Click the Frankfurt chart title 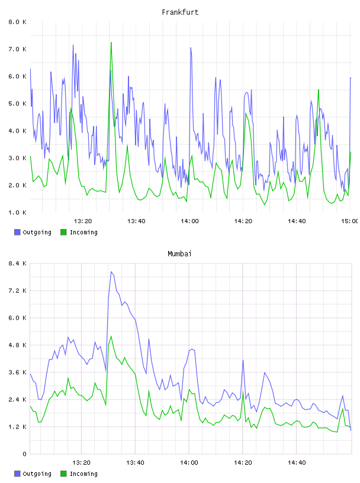[180, 12]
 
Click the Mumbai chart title [179, 254]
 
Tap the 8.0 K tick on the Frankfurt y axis [17, 22]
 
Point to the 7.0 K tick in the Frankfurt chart [17, 49]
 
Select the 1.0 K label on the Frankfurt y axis [17, 212]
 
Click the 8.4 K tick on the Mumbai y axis [17, 263]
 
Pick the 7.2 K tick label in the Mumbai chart [17, 291]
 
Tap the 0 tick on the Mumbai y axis [24, 454]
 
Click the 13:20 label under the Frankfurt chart [83, 221]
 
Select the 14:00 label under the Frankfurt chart [189, 221]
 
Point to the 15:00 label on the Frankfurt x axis [349, 221]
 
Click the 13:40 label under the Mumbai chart [135, 463]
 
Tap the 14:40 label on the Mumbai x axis [297, 463]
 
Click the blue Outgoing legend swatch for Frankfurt [17, 232]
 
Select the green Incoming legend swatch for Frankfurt [63, 232]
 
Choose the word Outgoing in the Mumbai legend [37, 474]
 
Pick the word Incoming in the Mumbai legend [83, 474]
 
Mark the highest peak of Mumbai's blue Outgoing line [111, 272]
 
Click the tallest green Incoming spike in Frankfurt [111, 43]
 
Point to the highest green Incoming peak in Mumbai [111, 336]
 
